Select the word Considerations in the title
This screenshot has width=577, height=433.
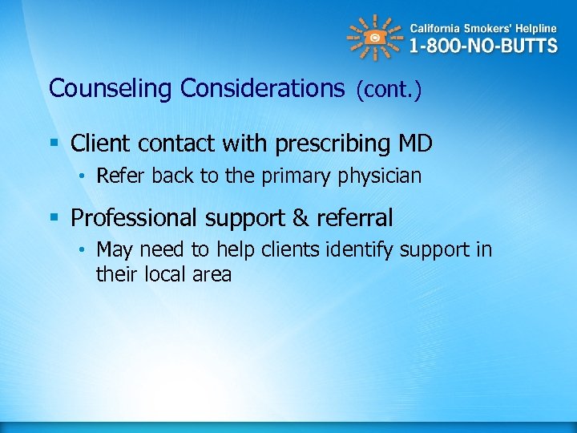coord(263,88)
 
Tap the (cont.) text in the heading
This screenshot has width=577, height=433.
coord(388,90)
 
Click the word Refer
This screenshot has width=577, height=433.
coord(118,176)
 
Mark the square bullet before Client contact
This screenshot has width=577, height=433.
coord(54,144)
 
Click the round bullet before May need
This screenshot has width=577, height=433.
coord(83,250)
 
